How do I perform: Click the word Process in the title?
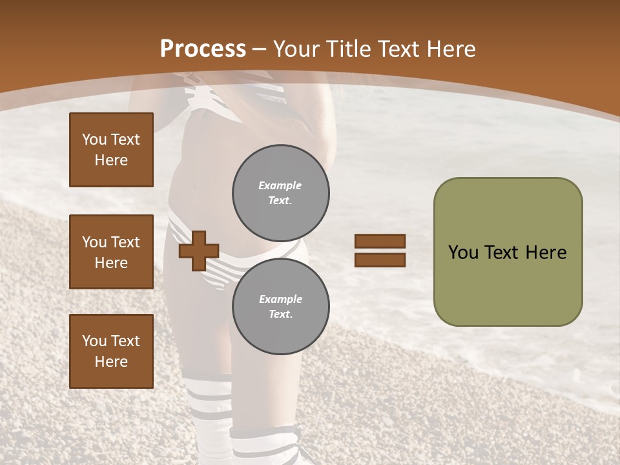203,49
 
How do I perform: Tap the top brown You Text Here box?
111,150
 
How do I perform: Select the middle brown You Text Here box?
111,252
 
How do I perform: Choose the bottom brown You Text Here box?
111,351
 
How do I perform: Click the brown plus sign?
199,251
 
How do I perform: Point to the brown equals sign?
380,251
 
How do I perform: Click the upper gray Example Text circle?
280,193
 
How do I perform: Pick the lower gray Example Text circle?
280,307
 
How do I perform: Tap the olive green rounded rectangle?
508,252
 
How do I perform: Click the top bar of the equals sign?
380,241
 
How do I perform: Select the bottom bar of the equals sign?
380,260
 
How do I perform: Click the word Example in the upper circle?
280,185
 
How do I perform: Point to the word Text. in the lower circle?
280,315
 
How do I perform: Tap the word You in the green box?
463,253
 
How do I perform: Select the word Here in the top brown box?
111,160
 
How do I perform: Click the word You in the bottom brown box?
94,341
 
